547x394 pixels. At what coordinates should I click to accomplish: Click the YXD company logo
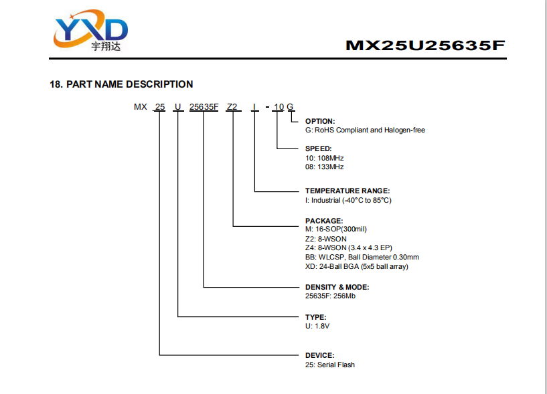coord(90,30)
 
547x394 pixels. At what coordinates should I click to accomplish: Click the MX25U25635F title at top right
coord(425,45)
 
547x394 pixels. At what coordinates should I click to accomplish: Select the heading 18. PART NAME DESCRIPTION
coord(121,84)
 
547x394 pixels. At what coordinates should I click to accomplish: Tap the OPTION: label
coord(320,121)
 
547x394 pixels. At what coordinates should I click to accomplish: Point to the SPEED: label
coord(318,149)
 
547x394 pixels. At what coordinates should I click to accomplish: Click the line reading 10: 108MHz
coord(325,158)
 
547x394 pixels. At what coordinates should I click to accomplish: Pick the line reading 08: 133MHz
coord(325,167)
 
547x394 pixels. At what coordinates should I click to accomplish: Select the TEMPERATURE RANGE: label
coord(347,191)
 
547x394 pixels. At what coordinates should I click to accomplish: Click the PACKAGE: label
coord(324,221)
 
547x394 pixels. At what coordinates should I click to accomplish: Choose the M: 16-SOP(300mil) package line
coord(336,229)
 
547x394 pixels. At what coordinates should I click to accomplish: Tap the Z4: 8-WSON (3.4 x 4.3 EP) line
coord(349,248)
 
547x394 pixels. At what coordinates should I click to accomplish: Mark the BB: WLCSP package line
coord(362,258)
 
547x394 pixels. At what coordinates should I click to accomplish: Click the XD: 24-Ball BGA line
coord(357,267)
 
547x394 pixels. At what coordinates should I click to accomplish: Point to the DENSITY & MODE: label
coord(337,287)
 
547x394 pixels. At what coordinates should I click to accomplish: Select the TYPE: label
coord(316,317)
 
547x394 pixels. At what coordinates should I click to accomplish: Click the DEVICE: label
coord(319,355)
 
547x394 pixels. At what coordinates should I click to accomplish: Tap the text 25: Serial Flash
coord(330,365)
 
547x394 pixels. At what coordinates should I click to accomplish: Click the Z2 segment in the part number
coord(232,106)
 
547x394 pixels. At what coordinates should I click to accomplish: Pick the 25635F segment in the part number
coord(204,106)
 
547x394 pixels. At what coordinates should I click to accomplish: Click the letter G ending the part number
coord(291,106)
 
